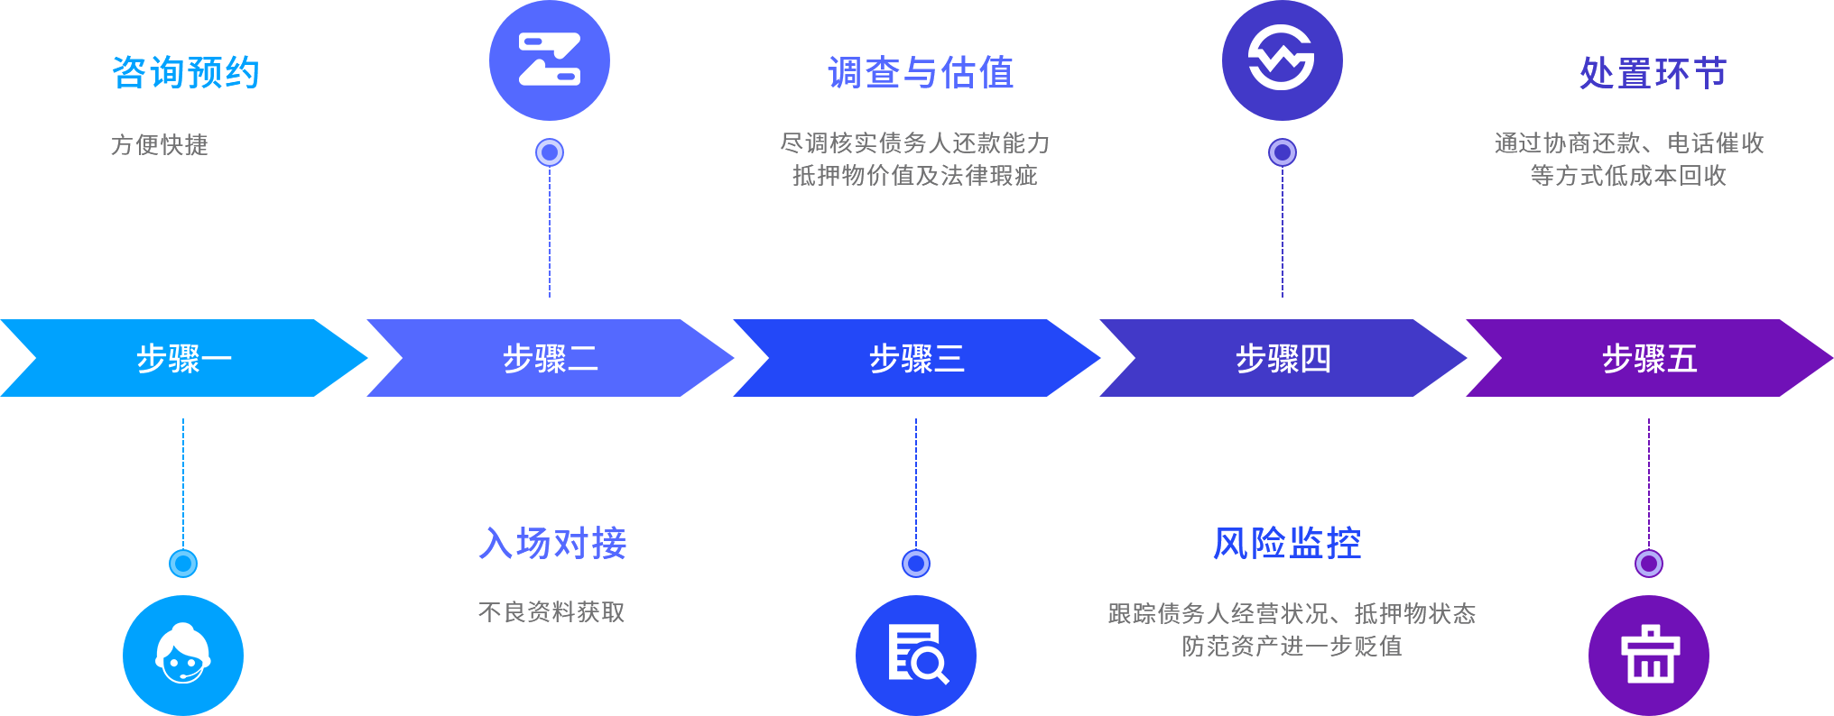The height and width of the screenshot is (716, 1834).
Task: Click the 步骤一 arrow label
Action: click(184, 359)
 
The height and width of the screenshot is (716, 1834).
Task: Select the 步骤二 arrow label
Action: click(551, 359)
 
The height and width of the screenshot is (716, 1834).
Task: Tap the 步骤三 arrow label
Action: click(917, 359)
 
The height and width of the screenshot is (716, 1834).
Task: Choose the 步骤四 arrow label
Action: click(1283, 359)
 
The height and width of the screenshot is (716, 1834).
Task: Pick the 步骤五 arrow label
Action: click(1650, 359)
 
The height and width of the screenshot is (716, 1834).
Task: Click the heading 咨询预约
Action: click(186, 73)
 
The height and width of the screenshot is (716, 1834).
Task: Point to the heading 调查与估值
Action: click(921, 73)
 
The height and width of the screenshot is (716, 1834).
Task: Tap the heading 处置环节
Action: click(1653, 73)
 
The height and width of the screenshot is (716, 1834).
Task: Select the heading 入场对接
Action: click(553, 544)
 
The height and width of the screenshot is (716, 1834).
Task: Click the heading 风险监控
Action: click(1286, 544)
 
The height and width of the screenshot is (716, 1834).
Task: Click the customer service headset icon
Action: click(183, 655)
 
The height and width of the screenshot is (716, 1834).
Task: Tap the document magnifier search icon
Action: click(916, 655)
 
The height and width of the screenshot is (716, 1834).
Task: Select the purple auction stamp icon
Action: click(1649, 655)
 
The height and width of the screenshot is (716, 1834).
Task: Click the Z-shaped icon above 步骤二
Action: click(550, 60)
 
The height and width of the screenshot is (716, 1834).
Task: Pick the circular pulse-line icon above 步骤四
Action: click(1283, 60)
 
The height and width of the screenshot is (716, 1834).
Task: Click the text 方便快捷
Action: click(160, 144)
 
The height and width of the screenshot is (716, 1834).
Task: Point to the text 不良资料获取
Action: click(551, 612)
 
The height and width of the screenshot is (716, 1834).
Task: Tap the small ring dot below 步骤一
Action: click(183, 564)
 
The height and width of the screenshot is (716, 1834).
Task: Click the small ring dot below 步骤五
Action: click(1649, 564)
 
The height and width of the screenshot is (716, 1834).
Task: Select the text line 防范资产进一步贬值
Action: click(1292, 646)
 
